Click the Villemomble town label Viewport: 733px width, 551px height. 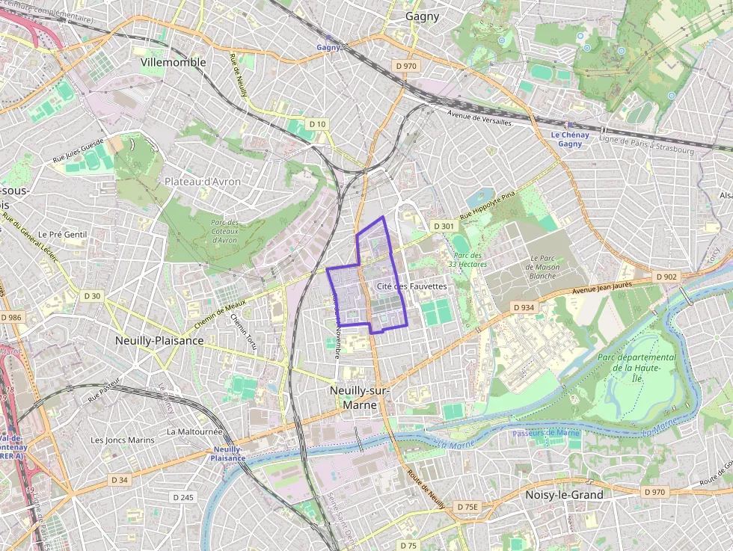(173, 63)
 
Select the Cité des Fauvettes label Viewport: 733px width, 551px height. (411, 286)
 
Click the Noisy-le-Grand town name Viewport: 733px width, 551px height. (564, 495)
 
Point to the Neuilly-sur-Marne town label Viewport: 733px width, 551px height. (360, 398)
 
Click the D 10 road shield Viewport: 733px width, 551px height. (317, 123)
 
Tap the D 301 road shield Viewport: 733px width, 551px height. (444, 226)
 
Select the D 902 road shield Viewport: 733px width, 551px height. (666, 277)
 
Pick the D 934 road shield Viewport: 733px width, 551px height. (524, 307)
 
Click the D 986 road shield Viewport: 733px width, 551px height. (11, 318)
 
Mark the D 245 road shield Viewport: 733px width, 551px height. (183, 497)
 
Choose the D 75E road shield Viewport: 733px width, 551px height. (467, 506)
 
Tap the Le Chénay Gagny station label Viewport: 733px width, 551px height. (570, 139)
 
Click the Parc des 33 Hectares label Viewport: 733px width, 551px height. (467, 259)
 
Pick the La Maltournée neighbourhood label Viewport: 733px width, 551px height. (194, 431)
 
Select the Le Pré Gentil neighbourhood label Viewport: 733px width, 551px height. (63, 235)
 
